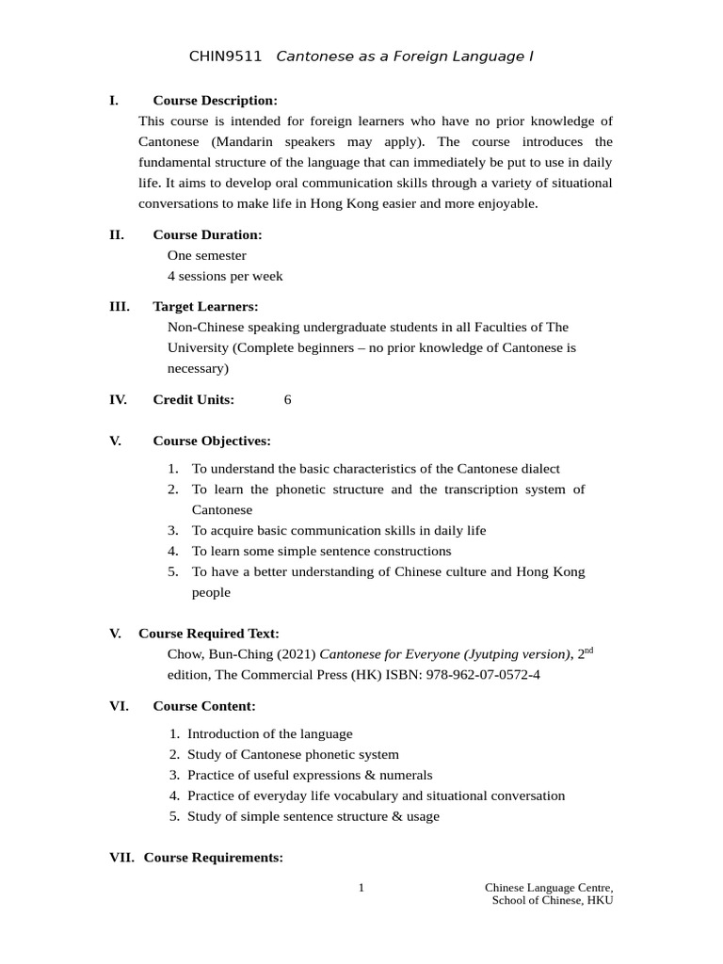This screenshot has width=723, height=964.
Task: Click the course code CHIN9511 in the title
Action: click(x=225, y=57)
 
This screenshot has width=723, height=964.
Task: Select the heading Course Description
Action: click(x=215, y=101)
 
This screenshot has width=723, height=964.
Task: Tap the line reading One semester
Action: click(x=206, y=255)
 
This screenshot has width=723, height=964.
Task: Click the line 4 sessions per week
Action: click(x=224, y=276)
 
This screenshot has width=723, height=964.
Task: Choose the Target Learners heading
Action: click(x=205, y=306)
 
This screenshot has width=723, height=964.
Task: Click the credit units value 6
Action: click(x=287, y=400)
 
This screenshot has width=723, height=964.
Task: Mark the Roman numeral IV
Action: click(x=118, y=400)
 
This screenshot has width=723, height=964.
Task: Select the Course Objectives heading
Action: click(x=212, y=441)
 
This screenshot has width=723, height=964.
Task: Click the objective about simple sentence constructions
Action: click(x=321, y=552)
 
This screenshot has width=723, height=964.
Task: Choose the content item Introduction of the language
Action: click(x=269, y=733)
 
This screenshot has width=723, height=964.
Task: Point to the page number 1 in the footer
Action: click(x=361, y=888)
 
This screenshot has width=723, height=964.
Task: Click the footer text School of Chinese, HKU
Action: click(x=552, y=901)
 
